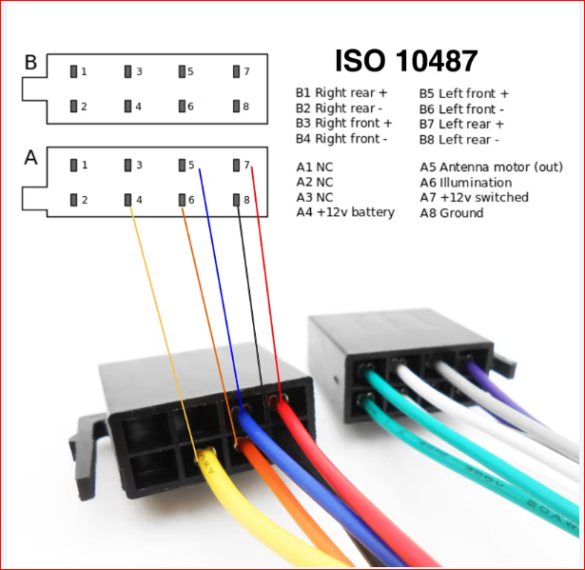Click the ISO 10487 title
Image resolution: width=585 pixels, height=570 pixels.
coord(406,61)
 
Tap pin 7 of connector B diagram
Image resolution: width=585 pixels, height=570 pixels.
coord(236,71)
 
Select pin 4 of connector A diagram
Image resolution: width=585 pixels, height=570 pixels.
coord(128,200)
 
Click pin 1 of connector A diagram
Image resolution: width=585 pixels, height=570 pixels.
coord(74,165)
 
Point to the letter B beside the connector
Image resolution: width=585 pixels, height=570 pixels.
coord(31,63)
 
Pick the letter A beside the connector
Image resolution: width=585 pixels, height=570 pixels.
coord(31,157)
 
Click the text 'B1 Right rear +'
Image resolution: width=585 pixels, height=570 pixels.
coord(341,92)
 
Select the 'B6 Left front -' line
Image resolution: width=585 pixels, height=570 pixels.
coord(461,109)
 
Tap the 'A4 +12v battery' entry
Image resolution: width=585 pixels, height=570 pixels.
coord(345,212)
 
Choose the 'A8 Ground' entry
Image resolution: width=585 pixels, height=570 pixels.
coord(452,213)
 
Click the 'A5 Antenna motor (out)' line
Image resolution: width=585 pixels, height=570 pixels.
coord(492,167)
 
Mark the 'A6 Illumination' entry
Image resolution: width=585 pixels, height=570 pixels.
coord(466,183)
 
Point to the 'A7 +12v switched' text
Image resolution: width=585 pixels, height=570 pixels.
coord(475,197)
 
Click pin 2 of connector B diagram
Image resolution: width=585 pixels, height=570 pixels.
coord(74,107)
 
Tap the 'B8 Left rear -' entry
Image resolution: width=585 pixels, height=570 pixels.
coord(458,140)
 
